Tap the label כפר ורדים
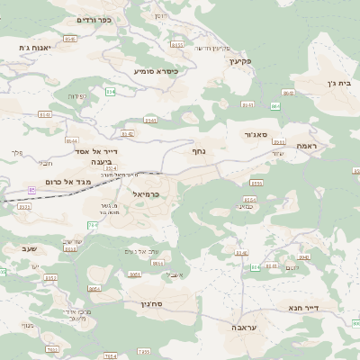(x=92, y=20)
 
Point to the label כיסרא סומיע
(x=155, y=70)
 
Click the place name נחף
(x=199, y=151)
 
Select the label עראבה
(x=246, y=328)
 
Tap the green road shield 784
(x=92, y=224)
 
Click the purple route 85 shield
(x=33, y=190)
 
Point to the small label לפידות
(x=76, y=96)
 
